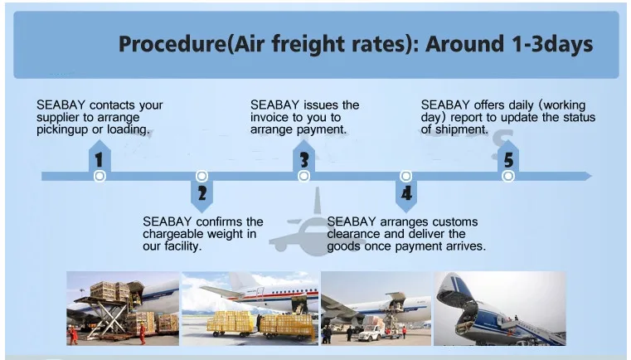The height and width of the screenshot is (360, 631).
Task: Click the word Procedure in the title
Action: [x=172, y=44]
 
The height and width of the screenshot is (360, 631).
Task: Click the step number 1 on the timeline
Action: [x=99, y=160]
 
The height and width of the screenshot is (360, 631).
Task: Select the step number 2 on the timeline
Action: [x=202, y=194]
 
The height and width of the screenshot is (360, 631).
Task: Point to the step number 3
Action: [x=304, y=160]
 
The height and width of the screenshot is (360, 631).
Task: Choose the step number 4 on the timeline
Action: [x=406, y=194]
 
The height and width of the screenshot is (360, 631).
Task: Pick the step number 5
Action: [x=508, y=160]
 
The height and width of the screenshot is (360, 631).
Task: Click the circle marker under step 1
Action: [x=100, y=176]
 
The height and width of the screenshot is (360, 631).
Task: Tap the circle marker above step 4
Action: [x=406, y=176]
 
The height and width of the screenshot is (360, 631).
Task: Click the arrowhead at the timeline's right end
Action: [x=588, y=176]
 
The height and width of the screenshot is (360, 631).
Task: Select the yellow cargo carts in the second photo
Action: [x=260, y=324]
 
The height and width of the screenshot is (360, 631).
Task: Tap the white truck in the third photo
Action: [x=371, y=332]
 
